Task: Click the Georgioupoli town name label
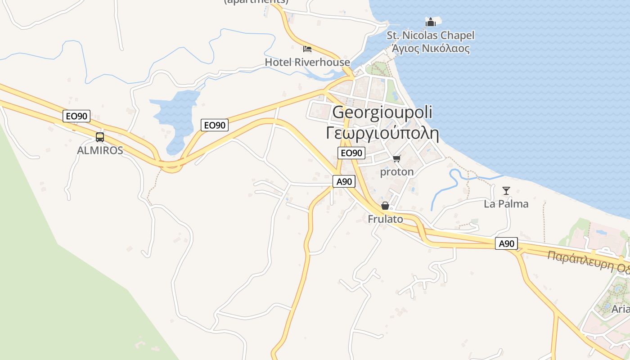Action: (382, 112)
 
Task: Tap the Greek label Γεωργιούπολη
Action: (382, 133)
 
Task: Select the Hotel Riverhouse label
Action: (307, 62)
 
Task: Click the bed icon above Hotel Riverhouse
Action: (307, 49)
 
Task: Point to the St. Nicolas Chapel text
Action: (431, 35)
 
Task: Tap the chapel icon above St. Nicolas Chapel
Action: (431, 22)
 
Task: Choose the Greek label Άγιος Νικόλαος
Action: (431, 48)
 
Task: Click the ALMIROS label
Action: (100, 150)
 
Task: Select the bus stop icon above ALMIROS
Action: (100, 137)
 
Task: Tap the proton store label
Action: (397, 171)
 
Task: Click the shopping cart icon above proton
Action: (396, 158)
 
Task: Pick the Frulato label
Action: (385, 219)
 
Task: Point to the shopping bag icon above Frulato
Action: (385, 206)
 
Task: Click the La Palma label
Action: (506, 204)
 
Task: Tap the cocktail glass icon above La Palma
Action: (506, 191)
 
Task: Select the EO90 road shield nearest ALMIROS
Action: (76, 116)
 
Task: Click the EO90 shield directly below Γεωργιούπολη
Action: (351, 153)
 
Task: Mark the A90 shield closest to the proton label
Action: (344, 181)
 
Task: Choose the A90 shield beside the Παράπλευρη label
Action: (507, 243)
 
